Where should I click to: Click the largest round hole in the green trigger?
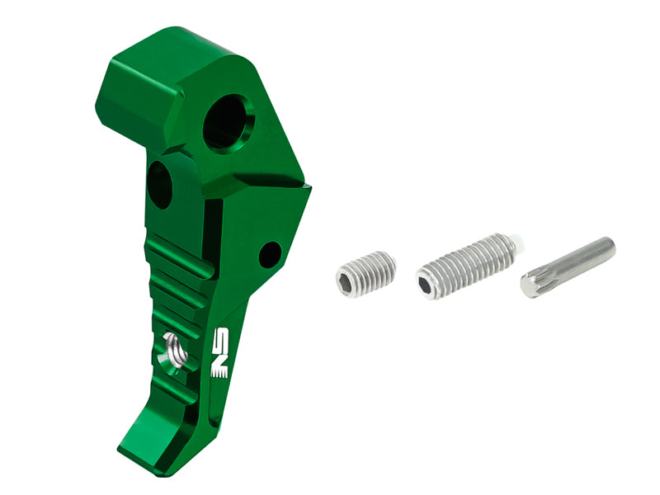click(x=229, y=122)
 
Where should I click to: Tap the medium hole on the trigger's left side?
click(x=159, y=184)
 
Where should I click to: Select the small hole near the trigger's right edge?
click(x=270, y=254)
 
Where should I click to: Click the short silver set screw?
click(x=366, y=274)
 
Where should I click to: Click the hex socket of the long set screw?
click(x=426, y=285)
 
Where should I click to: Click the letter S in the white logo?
click(x=219, y=339)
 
